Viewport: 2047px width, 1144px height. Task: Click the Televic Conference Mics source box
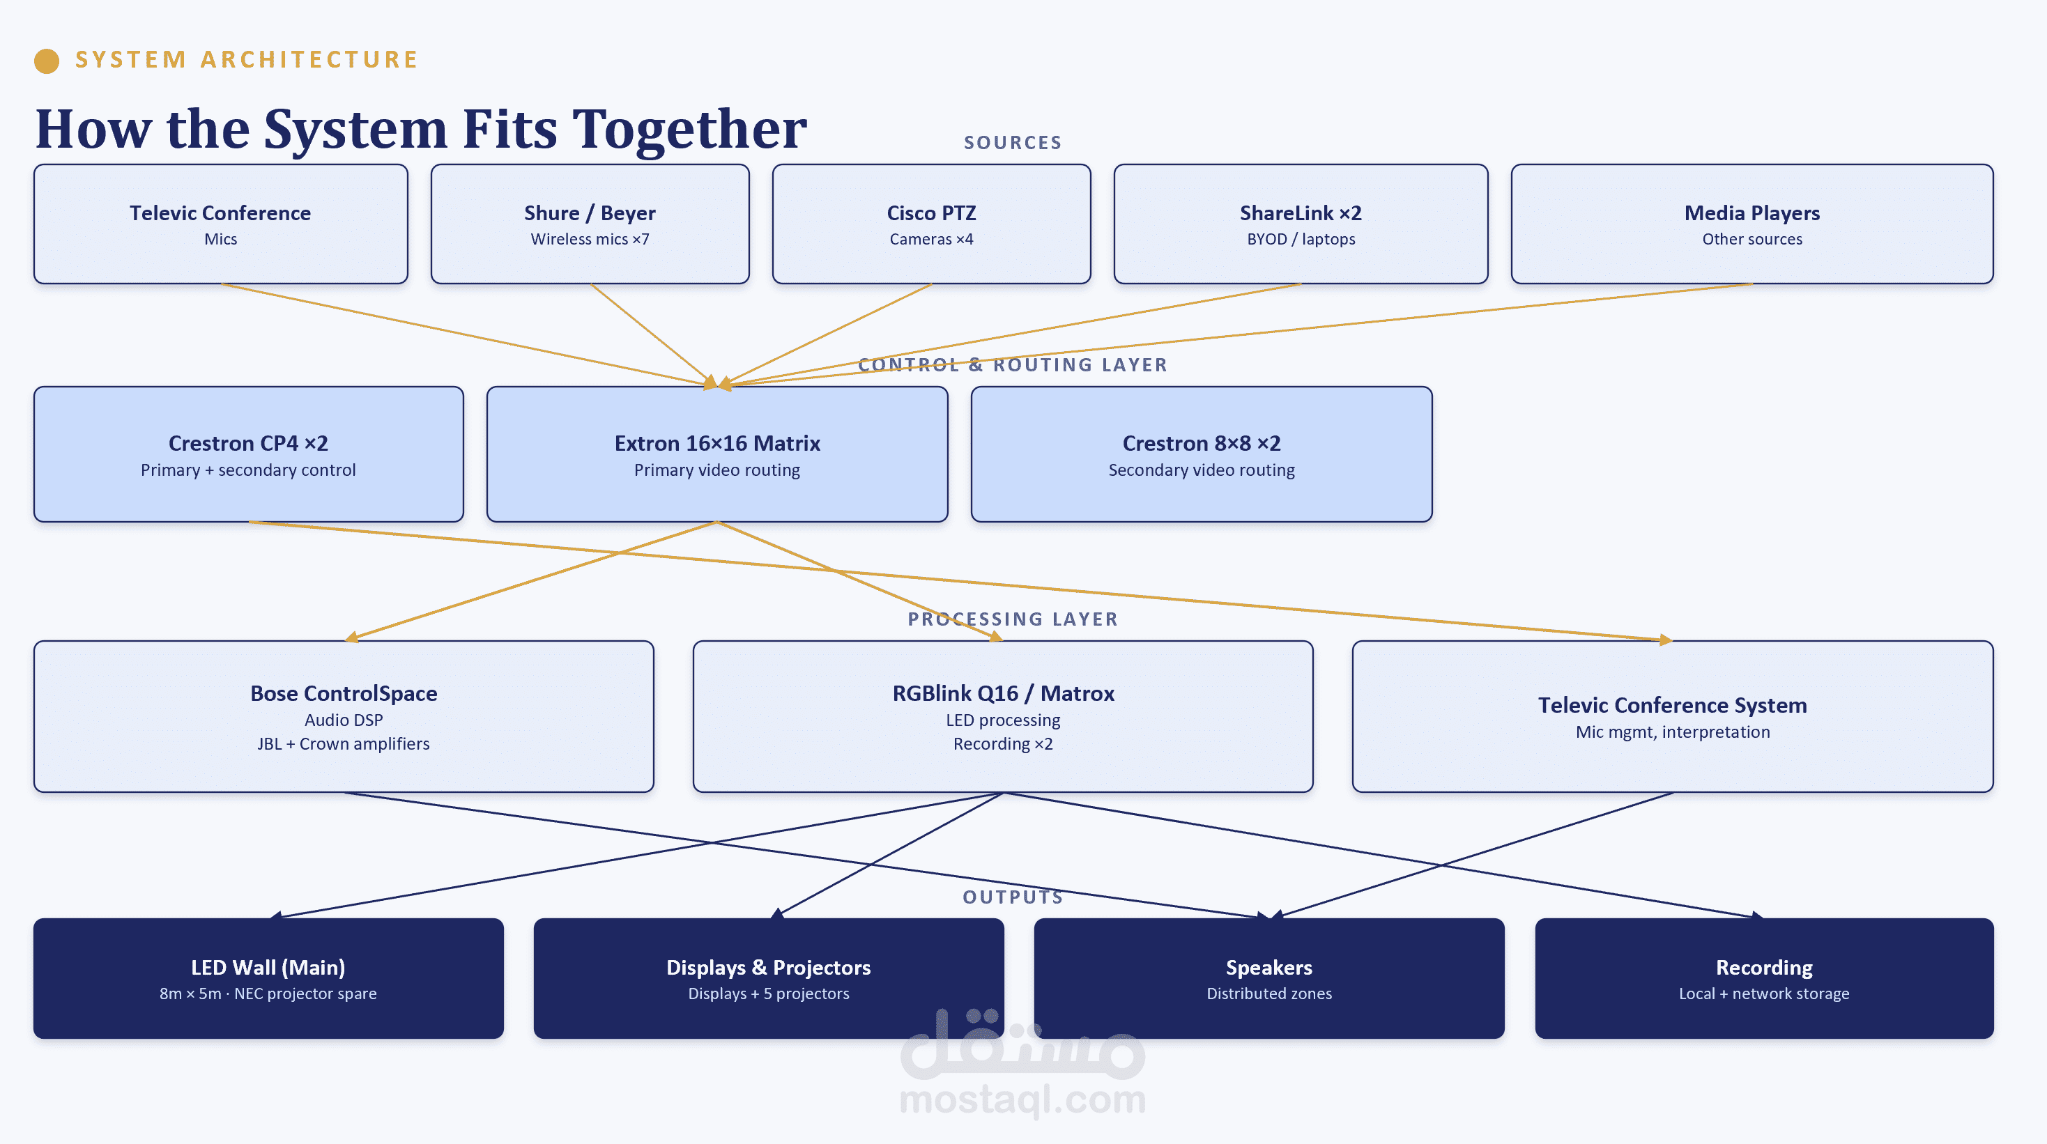pos(221,224)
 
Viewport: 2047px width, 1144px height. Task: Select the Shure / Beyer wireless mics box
pos(590,224)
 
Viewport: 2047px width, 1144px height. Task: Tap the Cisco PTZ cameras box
pos(931,224)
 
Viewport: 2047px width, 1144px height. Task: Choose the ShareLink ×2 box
pos(1301,224)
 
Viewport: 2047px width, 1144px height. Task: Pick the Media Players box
pos(1752,224)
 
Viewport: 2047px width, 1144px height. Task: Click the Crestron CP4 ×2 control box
pos(249,454)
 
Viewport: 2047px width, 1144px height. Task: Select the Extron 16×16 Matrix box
pos(716,454)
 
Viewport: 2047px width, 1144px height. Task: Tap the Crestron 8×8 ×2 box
pos(1202,454)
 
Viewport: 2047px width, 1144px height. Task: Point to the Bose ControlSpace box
pos(344,717)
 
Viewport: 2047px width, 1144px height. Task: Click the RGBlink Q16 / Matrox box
pos(1003,717)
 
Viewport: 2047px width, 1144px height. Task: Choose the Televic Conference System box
pos(1673,717)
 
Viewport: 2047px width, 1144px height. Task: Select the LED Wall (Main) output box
pos(268,979)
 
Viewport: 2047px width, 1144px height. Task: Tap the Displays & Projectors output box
pos(769,979)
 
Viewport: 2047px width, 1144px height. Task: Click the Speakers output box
pos(1269,979)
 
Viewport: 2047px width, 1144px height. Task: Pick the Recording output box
pos(1764,979)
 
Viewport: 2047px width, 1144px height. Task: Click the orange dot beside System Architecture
pos(47,61)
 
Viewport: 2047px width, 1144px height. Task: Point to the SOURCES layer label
pos(1013,143)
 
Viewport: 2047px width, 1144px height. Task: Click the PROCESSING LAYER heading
pos(1013,619)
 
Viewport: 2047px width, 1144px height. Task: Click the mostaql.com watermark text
pos(1022,1100)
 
